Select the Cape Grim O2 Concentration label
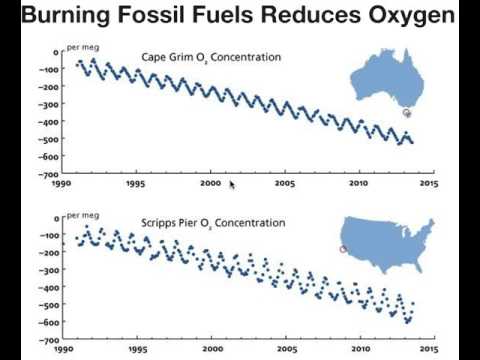coord(211,57)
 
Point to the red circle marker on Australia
coord(407,113)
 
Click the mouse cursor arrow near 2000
coord(232,183)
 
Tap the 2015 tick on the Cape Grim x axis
coord(429,184)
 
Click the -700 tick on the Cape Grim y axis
coord(45,173)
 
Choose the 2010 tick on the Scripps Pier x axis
coord(356,350)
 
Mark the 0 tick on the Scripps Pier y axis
coord(55,217)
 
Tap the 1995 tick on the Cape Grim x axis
coord(136,184)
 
